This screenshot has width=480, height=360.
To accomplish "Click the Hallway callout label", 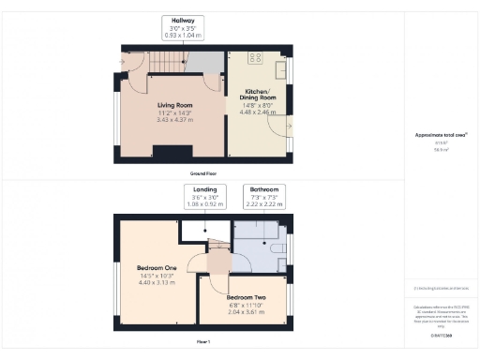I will [181, 21].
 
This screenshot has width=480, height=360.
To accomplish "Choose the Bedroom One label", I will [156, 268].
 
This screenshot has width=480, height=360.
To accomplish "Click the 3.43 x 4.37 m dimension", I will [176, 120].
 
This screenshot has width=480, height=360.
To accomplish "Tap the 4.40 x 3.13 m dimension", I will [156, 283].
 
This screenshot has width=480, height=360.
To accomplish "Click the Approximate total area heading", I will [441, 135].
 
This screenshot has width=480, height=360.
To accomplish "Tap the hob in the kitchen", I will [280, 69].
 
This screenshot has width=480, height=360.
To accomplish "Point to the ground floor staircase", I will [169, 63].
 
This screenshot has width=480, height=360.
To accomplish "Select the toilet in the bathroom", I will [275, 251].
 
